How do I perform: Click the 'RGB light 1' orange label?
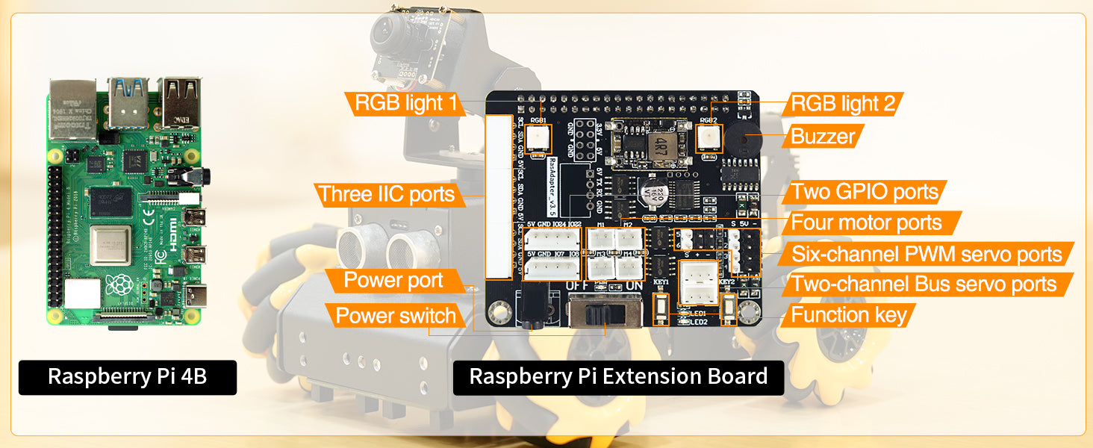(x=405, y=103)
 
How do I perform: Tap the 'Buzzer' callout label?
(x=823, y=136)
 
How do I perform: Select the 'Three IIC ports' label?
(x=386, y=195)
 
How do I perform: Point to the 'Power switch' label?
(x=396, y=315)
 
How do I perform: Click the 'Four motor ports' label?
(x=866, y=222)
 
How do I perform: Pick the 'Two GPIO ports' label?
(x=865, y=192)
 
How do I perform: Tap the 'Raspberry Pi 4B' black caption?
(x=127, y=377)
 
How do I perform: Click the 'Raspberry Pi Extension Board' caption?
(x=618, y=377)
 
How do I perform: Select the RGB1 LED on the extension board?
(x=538, y=137)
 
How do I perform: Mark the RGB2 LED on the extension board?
(x=709, y=137)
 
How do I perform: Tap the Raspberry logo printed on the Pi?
(x=119, y=285)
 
